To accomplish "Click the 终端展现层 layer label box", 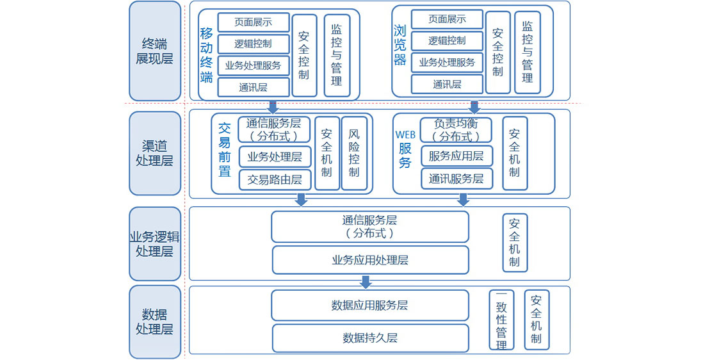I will [x=155, y=51].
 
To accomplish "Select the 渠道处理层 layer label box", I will [x=155, y=153].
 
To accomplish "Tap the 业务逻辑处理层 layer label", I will [x=155, y=243].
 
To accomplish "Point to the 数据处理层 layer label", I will [x=155, y=322].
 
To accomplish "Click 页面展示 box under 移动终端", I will [x=254, y=22].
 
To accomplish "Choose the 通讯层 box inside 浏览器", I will [x=447, y=84].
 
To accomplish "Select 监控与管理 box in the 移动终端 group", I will [x=337, y=55].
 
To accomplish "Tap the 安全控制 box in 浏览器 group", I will [x=497, y=52].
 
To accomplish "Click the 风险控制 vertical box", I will [x=354, y=153].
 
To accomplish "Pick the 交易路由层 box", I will [x=275, y=180].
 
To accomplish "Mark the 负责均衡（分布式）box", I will [x=456, y=129].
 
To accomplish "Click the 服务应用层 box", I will [x=456, y=156].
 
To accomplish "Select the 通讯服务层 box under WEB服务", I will [x=456, y=179].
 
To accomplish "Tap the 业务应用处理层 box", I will [x=370, y=260].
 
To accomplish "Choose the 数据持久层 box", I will [x=370, y=338].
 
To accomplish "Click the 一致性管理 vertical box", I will [x=501, y=320].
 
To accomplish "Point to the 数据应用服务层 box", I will [x=370, y=306].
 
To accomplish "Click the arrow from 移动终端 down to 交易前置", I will [x=273, y=106].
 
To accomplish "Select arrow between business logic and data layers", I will [x=366, y=282].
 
